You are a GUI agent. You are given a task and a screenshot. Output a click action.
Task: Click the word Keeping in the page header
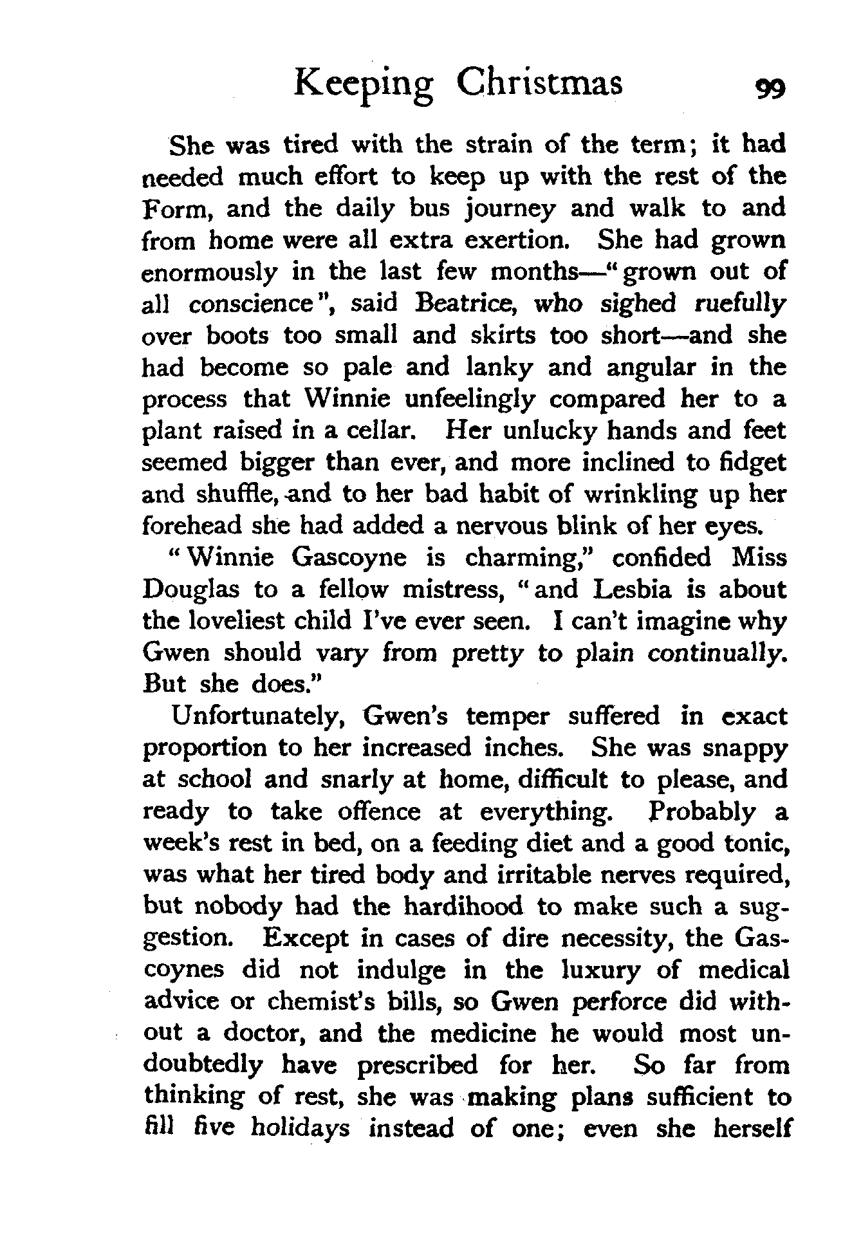(364, 84)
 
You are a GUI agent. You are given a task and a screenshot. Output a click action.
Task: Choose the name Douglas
(191, 590)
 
